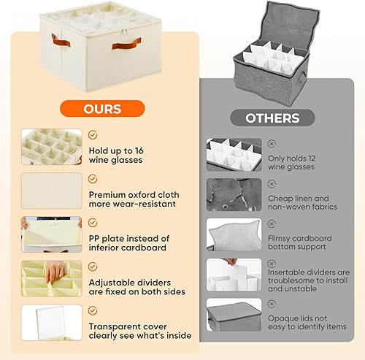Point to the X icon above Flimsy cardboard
tap(272, 223)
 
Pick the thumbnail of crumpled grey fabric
tap(233, 195)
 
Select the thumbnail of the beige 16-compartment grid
tap(51, 147)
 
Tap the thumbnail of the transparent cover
tap(51, 322)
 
